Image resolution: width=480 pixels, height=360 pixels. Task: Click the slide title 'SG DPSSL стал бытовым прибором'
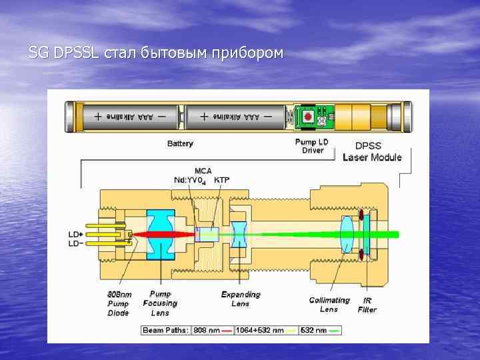click(156, 53)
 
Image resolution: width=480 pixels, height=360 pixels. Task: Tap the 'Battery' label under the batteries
click(180, 143)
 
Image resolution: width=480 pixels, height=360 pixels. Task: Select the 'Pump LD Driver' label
click(313, 146)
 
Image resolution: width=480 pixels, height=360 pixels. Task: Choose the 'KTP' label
click(222, 180)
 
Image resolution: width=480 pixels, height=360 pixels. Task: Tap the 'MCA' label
click(203, 171)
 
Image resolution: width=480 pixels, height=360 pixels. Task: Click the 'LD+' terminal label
click(76, 235)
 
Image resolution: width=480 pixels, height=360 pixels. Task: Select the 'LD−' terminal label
click(76, 243)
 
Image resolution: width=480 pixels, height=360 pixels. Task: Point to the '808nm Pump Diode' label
click(119, 303)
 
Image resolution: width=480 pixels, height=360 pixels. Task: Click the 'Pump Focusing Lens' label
click(160, 303)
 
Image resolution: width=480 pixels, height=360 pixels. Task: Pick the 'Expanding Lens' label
click(241, 299)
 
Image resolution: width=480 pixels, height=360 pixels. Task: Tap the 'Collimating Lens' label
click(329, 305)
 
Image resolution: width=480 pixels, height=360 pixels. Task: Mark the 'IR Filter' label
click(367, 305)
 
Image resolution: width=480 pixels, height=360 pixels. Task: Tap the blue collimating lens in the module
click(347, 235)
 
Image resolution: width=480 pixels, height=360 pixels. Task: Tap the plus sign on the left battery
click(98, 116)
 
